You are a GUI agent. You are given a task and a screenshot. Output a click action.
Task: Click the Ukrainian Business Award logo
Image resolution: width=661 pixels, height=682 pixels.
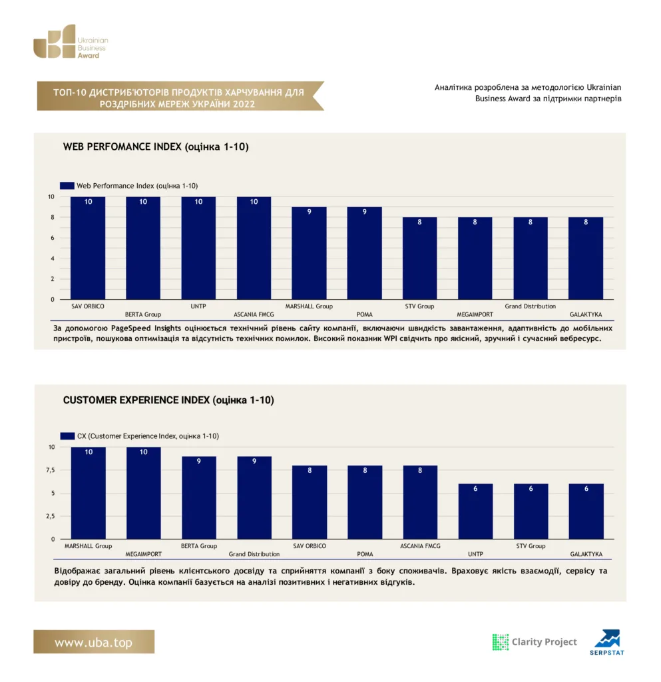pyautogui.click(x=71, y=41)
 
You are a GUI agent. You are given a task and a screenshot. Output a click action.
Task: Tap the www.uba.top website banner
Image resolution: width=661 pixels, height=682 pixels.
pyautogui.click(x=94, y=641)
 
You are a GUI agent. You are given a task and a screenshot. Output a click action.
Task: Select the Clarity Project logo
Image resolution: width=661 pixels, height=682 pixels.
pyautogui.click(x=534, y=642)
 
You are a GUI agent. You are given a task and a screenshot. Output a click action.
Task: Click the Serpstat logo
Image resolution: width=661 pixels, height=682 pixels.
pyautogui.click(x=607, y=642)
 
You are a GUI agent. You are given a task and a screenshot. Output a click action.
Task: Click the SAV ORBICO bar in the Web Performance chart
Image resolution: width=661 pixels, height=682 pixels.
pyautogui.click(x=88, y=248)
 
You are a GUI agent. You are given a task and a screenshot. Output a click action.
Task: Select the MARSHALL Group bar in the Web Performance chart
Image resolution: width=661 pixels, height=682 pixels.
pyautogui.click(x=309, y=253)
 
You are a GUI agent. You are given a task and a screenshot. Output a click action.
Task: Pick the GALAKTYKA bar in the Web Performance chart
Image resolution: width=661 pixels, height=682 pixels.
pyautogui.click(x=586, y=258)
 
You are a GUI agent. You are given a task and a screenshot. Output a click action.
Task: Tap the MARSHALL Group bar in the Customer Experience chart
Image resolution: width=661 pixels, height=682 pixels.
pyautogui.click(x=89, y=493)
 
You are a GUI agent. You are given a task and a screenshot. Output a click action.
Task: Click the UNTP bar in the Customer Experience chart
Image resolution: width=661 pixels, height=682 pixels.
pyautogui.click(x=475, y=511)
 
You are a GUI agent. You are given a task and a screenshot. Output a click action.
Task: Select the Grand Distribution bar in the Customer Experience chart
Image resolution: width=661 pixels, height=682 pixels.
pyautogui.click(x=254, y=498)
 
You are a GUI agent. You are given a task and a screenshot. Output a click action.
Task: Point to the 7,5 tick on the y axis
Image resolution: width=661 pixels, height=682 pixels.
pyautogui.click(x=51, y=470)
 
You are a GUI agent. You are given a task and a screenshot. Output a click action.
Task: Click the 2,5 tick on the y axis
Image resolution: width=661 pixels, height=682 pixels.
pyautogui.click(x=51, y=516)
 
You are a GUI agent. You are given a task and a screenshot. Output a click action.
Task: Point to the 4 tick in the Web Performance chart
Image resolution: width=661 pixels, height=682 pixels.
pyautogui.click(x=53, y=258)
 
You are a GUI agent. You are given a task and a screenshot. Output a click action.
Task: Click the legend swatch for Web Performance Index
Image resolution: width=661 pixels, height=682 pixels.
pyautogui.click(x=67, y=186)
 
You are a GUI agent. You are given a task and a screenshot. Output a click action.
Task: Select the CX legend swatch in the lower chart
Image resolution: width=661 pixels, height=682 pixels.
pyautogui.click(x=67, y=436)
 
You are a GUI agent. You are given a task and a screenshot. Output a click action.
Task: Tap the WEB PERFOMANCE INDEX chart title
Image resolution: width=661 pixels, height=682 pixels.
pyautogui.click(x=156, y=147)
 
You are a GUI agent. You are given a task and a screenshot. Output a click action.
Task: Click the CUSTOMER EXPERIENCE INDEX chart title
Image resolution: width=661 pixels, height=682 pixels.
pyautogui.click(x=168, y=400)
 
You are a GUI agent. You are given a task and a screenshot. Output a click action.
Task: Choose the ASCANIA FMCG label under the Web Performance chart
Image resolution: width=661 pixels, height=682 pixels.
pyautogui.click(x=254, y=314)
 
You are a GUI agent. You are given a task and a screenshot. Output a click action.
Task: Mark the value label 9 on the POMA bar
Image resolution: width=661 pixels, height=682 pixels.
pyautogui.click(x=365, y=212)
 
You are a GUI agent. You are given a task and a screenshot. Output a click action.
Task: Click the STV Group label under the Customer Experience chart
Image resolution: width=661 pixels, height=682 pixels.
pyautogui.click(x=531, y=546)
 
